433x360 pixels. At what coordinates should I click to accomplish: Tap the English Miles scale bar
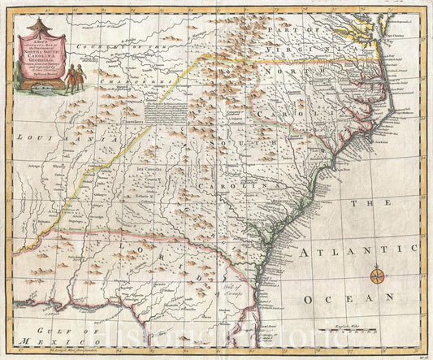tap(328, 332)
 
